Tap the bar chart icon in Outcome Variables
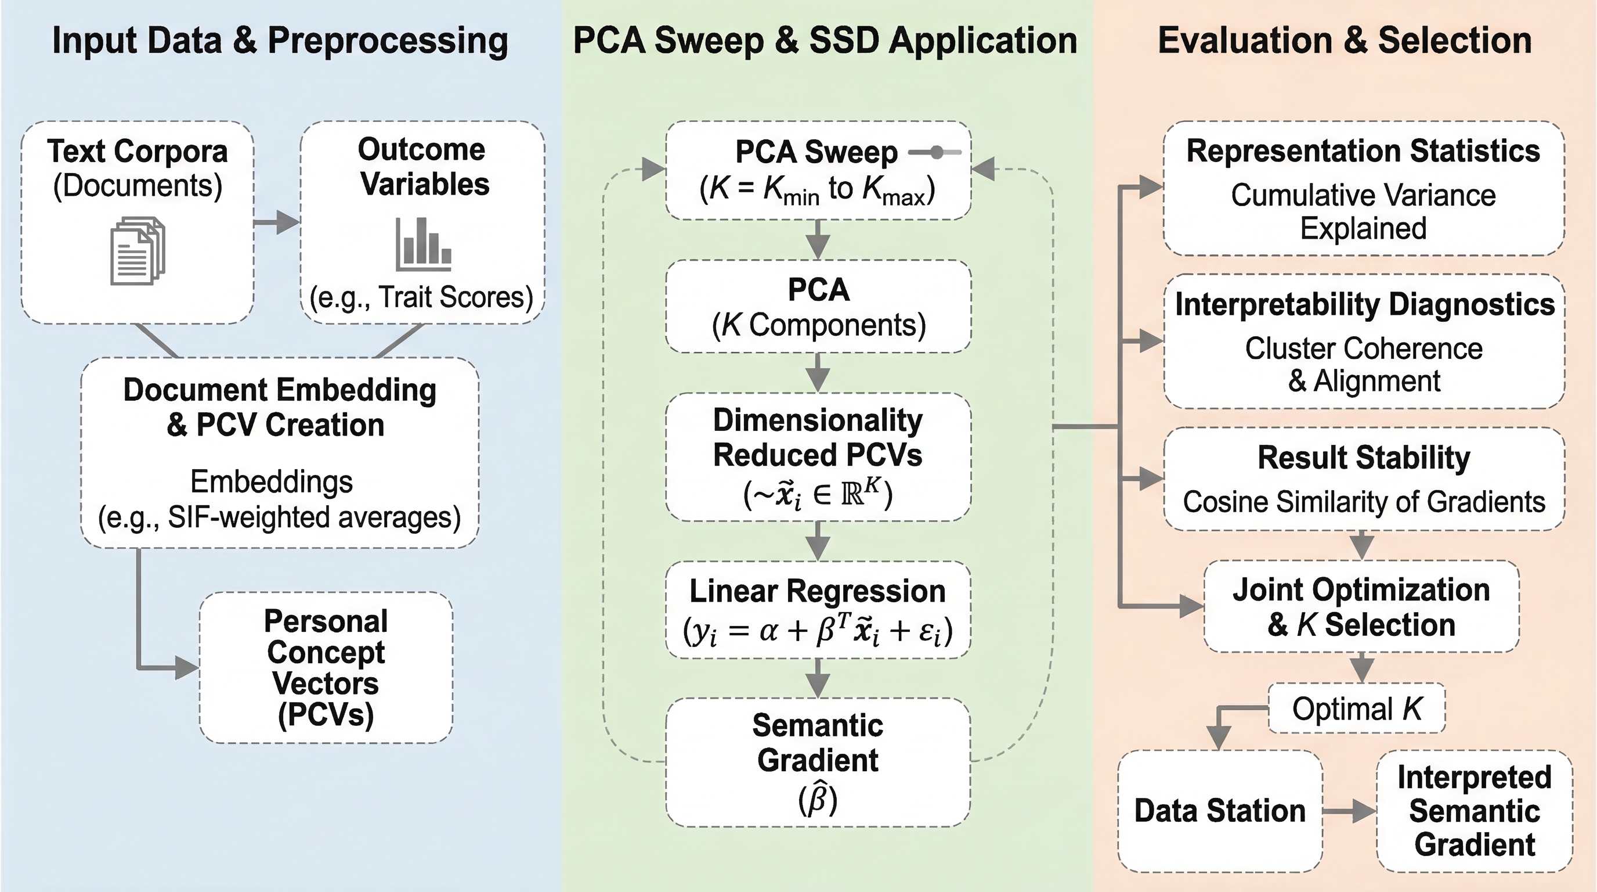coord(424,244)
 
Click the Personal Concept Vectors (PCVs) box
coord(326,667)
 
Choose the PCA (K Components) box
coord(818,307)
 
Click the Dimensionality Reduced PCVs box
coord(818,456)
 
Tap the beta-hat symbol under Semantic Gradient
coord(818,800)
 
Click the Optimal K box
coord(1356,708)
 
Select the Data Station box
coord(1219,811)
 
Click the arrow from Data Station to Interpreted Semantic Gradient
coord(1350,811)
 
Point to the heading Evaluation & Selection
coord(1345,40)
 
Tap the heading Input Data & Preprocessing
coord(280,40)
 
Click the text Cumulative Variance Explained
coord(1363,211)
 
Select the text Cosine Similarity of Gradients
coord(1363,502)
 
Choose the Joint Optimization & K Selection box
coord(1361,607)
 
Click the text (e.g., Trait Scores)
coord(421,297)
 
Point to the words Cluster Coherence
coord(1363,348)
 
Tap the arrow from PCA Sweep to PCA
coord(818,239)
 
